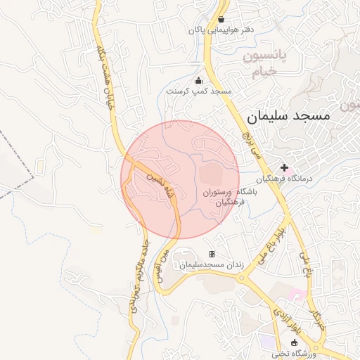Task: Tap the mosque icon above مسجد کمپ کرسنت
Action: [x=198, y=80]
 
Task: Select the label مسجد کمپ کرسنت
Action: [x=199, y=91]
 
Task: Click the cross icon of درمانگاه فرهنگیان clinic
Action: [x=284, y=167]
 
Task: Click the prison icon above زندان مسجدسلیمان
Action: [x=212, y=254]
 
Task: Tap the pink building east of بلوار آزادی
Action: [x=298, y=291]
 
